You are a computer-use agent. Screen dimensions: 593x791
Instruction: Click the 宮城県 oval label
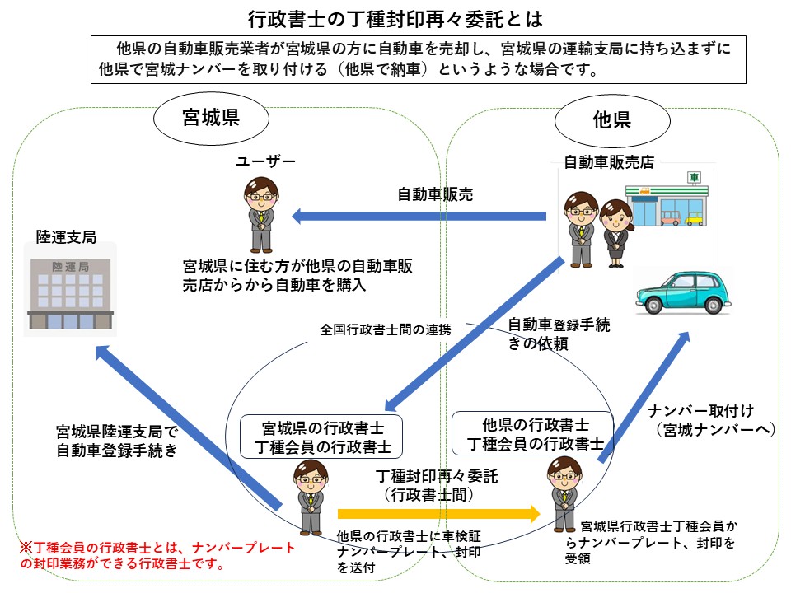point(210,118)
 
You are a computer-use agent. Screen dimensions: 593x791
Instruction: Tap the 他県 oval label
point(611,120)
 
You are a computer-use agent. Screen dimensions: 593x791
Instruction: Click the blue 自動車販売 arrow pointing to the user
point(420,217)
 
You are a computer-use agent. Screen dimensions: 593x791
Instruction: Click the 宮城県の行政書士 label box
point(321,437)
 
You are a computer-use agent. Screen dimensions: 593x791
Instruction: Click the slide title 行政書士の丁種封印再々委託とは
point(395,17)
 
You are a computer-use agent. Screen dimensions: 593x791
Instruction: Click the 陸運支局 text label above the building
point(66,238)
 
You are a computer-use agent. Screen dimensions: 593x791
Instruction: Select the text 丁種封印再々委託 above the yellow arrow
point(437,476)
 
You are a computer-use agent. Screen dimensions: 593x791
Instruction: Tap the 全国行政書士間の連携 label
point(386,329)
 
